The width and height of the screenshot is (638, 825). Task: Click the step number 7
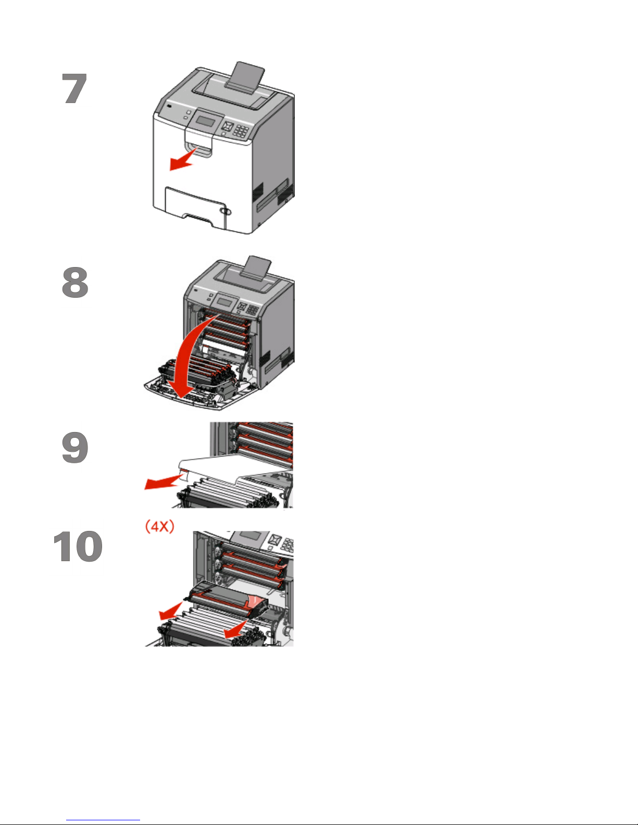pos(75,88)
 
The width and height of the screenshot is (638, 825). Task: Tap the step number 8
pos(75,282)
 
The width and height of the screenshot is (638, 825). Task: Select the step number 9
pos(75,448)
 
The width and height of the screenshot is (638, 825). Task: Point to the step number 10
pos(78,547)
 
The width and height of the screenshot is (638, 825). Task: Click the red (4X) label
pos(160,526)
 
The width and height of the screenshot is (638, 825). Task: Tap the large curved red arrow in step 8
pos(190,364)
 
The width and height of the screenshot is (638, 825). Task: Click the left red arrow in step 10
pos(171,610)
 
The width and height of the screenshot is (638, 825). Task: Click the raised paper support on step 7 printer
pos(244,78)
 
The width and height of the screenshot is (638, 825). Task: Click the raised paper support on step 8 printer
pos(256,270)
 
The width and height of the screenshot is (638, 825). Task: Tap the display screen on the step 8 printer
pos(224,302)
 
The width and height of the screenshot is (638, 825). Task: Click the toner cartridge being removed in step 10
pos(229,599)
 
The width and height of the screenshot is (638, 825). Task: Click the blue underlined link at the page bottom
pos(103,820)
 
